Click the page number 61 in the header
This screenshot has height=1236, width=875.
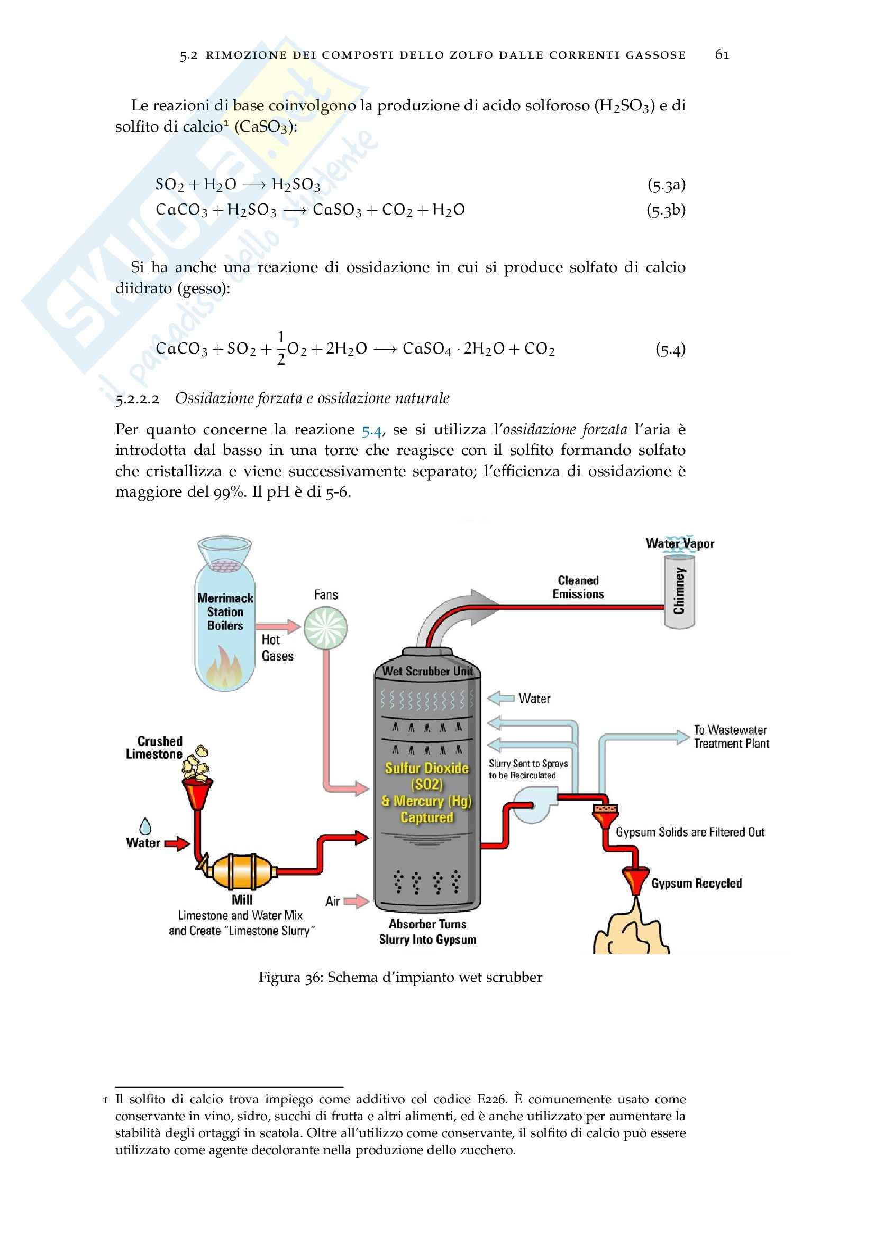pos(722,54)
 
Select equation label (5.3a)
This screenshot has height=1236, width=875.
pos(666,185)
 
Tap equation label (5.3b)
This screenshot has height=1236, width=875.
pos(666,210)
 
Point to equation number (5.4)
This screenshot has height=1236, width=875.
pos(670,349)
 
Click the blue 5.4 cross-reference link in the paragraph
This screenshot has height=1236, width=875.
pos(371,430)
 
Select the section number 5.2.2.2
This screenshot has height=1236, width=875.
pos(138,399)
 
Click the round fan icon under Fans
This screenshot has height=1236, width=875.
pos(325,628)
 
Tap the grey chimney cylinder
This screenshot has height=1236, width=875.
pos(679,591)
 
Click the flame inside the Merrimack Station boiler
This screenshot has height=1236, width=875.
pos(225,668)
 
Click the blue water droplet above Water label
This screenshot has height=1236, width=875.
pos(145,826)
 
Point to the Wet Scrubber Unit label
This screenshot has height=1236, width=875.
pos(427,671)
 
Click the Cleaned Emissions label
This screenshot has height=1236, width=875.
pos(578,587)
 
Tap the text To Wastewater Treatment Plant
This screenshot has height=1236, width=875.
pos(731,737)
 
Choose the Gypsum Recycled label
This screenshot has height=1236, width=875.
pos(697,884)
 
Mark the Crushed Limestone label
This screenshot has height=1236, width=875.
pos(154,747)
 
